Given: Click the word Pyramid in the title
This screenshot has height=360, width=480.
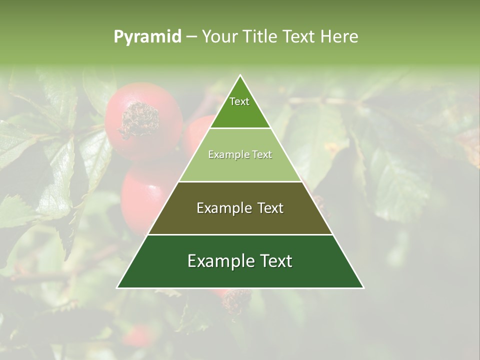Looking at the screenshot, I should [147, 37].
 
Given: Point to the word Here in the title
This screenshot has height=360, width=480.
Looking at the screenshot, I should [339, 37].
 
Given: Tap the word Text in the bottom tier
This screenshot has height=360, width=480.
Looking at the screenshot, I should [275, 261].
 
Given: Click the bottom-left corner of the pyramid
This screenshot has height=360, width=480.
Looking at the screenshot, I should [117, 287].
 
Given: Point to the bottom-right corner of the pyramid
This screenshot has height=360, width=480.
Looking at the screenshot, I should [363, 287].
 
